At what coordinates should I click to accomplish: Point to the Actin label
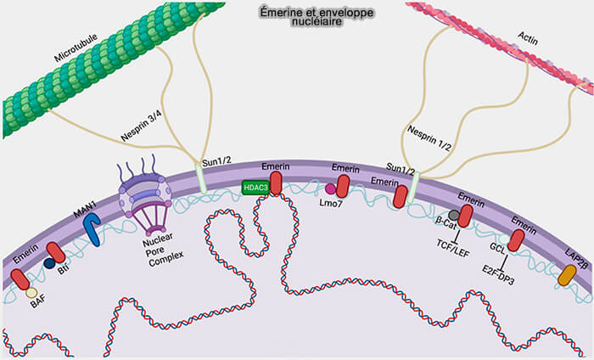[527, 37]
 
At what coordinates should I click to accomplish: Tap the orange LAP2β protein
[567, 274]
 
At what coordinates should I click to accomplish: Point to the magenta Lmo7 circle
[330, 188]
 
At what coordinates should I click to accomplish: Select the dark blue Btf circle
[49, 263]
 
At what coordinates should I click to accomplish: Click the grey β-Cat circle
[455, 216]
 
